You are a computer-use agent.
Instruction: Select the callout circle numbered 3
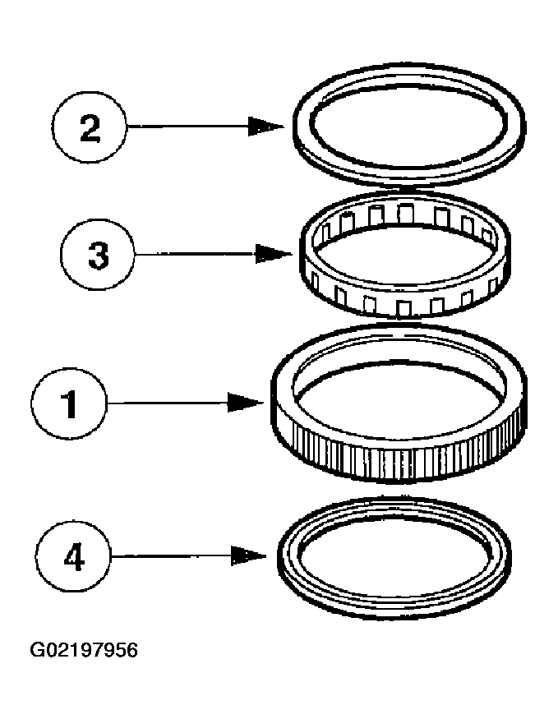click(x=98, y=255)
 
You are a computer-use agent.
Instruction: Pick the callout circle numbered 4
click(x=73, y=557)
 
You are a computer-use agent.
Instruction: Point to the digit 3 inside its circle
click(x=98, y=255)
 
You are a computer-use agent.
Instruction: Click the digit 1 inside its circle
click(x=70, y=404)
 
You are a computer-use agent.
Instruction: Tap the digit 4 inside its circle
click(x=73, y=557)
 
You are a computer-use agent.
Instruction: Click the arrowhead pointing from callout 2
click(x=267, y=127)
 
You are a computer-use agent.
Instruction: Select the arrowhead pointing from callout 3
click(x=274, y=254)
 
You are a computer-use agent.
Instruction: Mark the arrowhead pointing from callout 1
click(x=246, y=403)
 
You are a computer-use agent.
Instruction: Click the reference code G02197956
click(x=84, y=651)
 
